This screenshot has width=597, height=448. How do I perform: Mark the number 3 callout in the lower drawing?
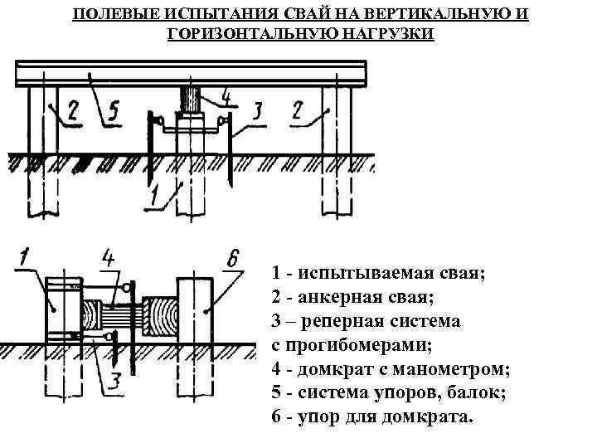tap(115, 382)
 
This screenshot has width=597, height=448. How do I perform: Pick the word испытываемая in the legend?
tap(374, 272)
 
